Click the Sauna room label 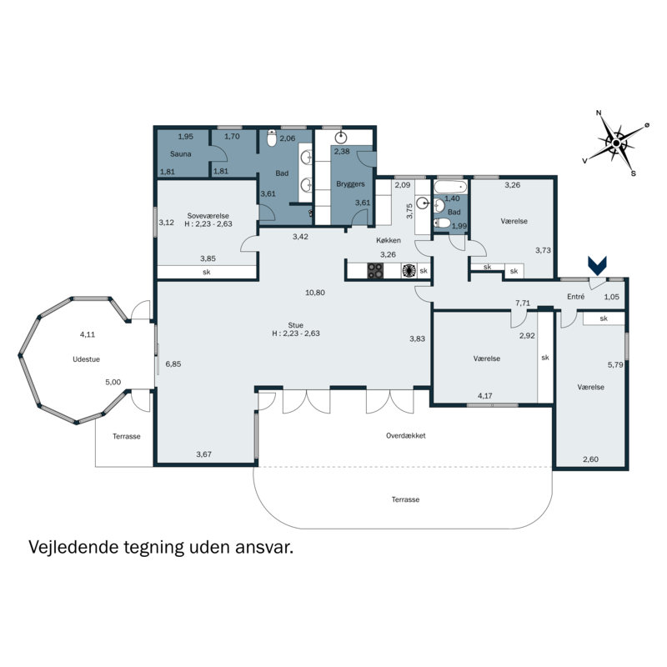click(181, 154)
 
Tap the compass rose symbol click(615, 143)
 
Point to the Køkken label click(388, 240)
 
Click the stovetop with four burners click(376, 270)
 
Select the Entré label click(575, 297)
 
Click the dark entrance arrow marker click(597, 265)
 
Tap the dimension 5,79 click(615, 364)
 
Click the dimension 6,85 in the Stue click(173, 364)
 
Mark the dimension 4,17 click(485, 396)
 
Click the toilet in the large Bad click(271, 141)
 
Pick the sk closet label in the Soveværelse click(206, 273)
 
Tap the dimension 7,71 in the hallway click(523, 303)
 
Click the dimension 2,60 click(590, 459)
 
